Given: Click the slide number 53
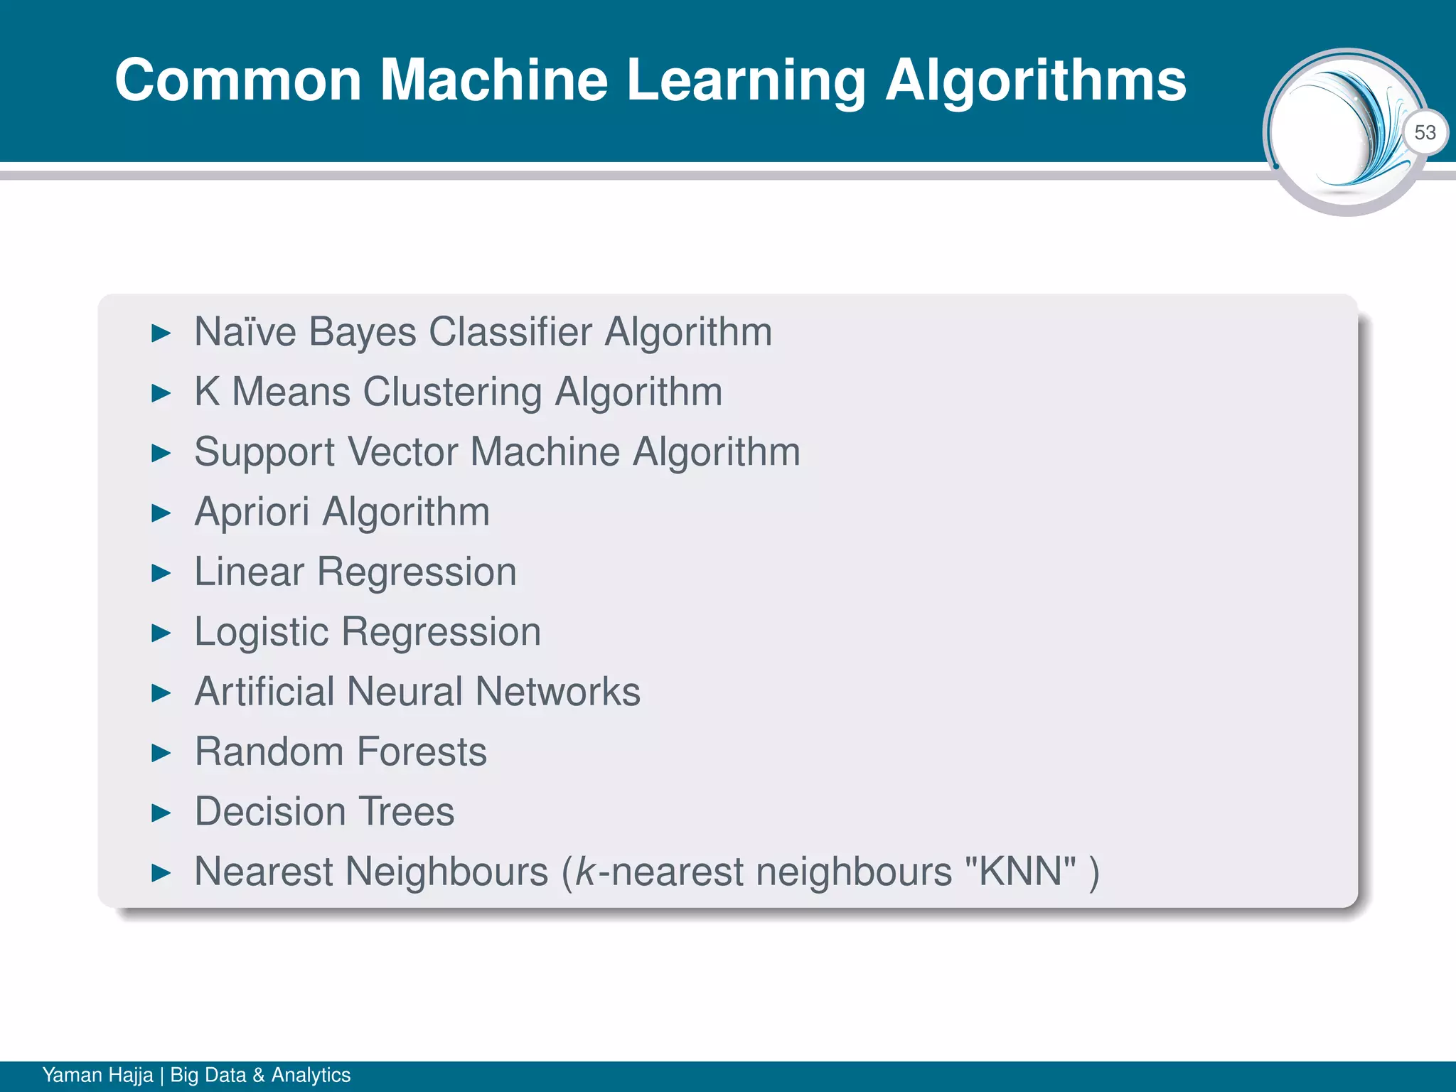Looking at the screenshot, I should tap(1425, 133).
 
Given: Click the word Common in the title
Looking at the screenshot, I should tap(239, 80).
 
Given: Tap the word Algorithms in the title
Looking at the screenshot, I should tap(1036, 81).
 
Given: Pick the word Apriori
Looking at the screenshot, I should tap(252, 513).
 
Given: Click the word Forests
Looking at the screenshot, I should tap(422, 751).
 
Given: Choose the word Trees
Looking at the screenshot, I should tap(406, 812).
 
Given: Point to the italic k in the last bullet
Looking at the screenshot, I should tap(585, 872).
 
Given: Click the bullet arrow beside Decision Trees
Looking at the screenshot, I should tap(162, 813).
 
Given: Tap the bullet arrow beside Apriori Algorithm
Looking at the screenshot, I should tap(162, 513).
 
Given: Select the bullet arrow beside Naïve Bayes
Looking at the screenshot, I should tap(162, 333).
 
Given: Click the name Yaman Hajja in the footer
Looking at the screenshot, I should tap(97, 1075).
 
